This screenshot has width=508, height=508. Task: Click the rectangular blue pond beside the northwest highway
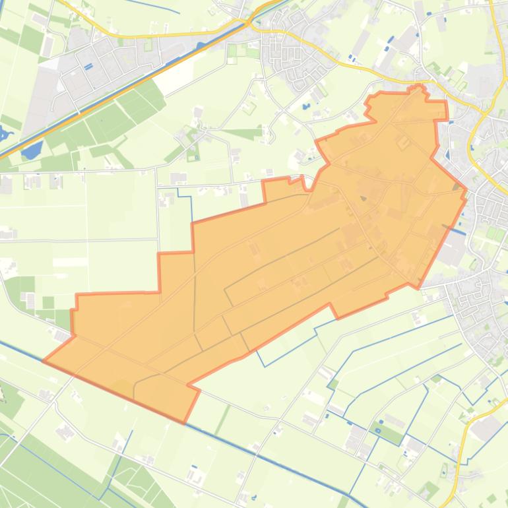tap(30, 151)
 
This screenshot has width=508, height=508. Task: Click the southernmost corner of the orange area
tap(185, 421)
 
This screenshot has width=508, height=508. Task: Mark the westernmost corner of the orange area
tap(44, 361)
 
